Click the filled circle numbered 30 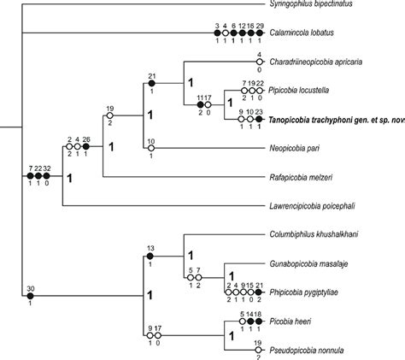point(31,296)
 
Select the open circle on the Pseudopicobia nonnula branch point(257,350)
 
